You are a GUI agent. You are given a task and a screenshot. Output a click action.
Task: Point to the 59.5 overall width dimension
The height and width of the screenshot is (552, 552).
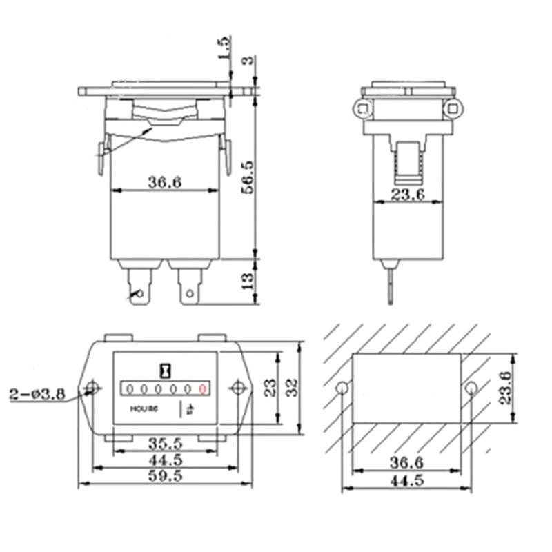coord(165,475)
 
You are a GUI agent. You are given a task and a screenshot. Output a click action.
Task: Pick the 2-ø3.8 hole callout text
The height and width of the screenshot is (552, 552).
coord(38,395)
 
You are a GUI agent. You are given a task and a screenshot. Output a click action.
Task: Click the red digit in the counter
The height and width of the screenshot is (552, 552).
coord(202,389)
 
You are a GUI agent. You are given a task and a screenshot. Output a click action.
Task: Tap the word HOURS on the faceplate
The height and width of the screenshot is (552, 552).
coord(145,408)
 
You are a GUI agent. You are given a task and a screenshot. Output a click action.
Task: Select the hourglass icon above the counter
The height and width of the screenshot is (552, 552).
coord(165,368)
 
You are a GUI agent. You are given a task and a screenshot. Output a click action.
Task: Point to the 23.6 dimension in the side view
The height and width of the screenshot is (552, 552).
coord(407,194)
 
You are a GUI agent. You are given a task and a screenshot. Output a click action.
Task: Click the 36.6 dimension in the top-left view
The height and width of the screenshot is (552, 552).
coord(164,181)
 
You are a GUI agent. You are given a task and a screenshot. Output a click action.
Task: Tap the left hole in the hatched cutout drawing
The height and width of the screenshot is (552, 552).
coord(342,388)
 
